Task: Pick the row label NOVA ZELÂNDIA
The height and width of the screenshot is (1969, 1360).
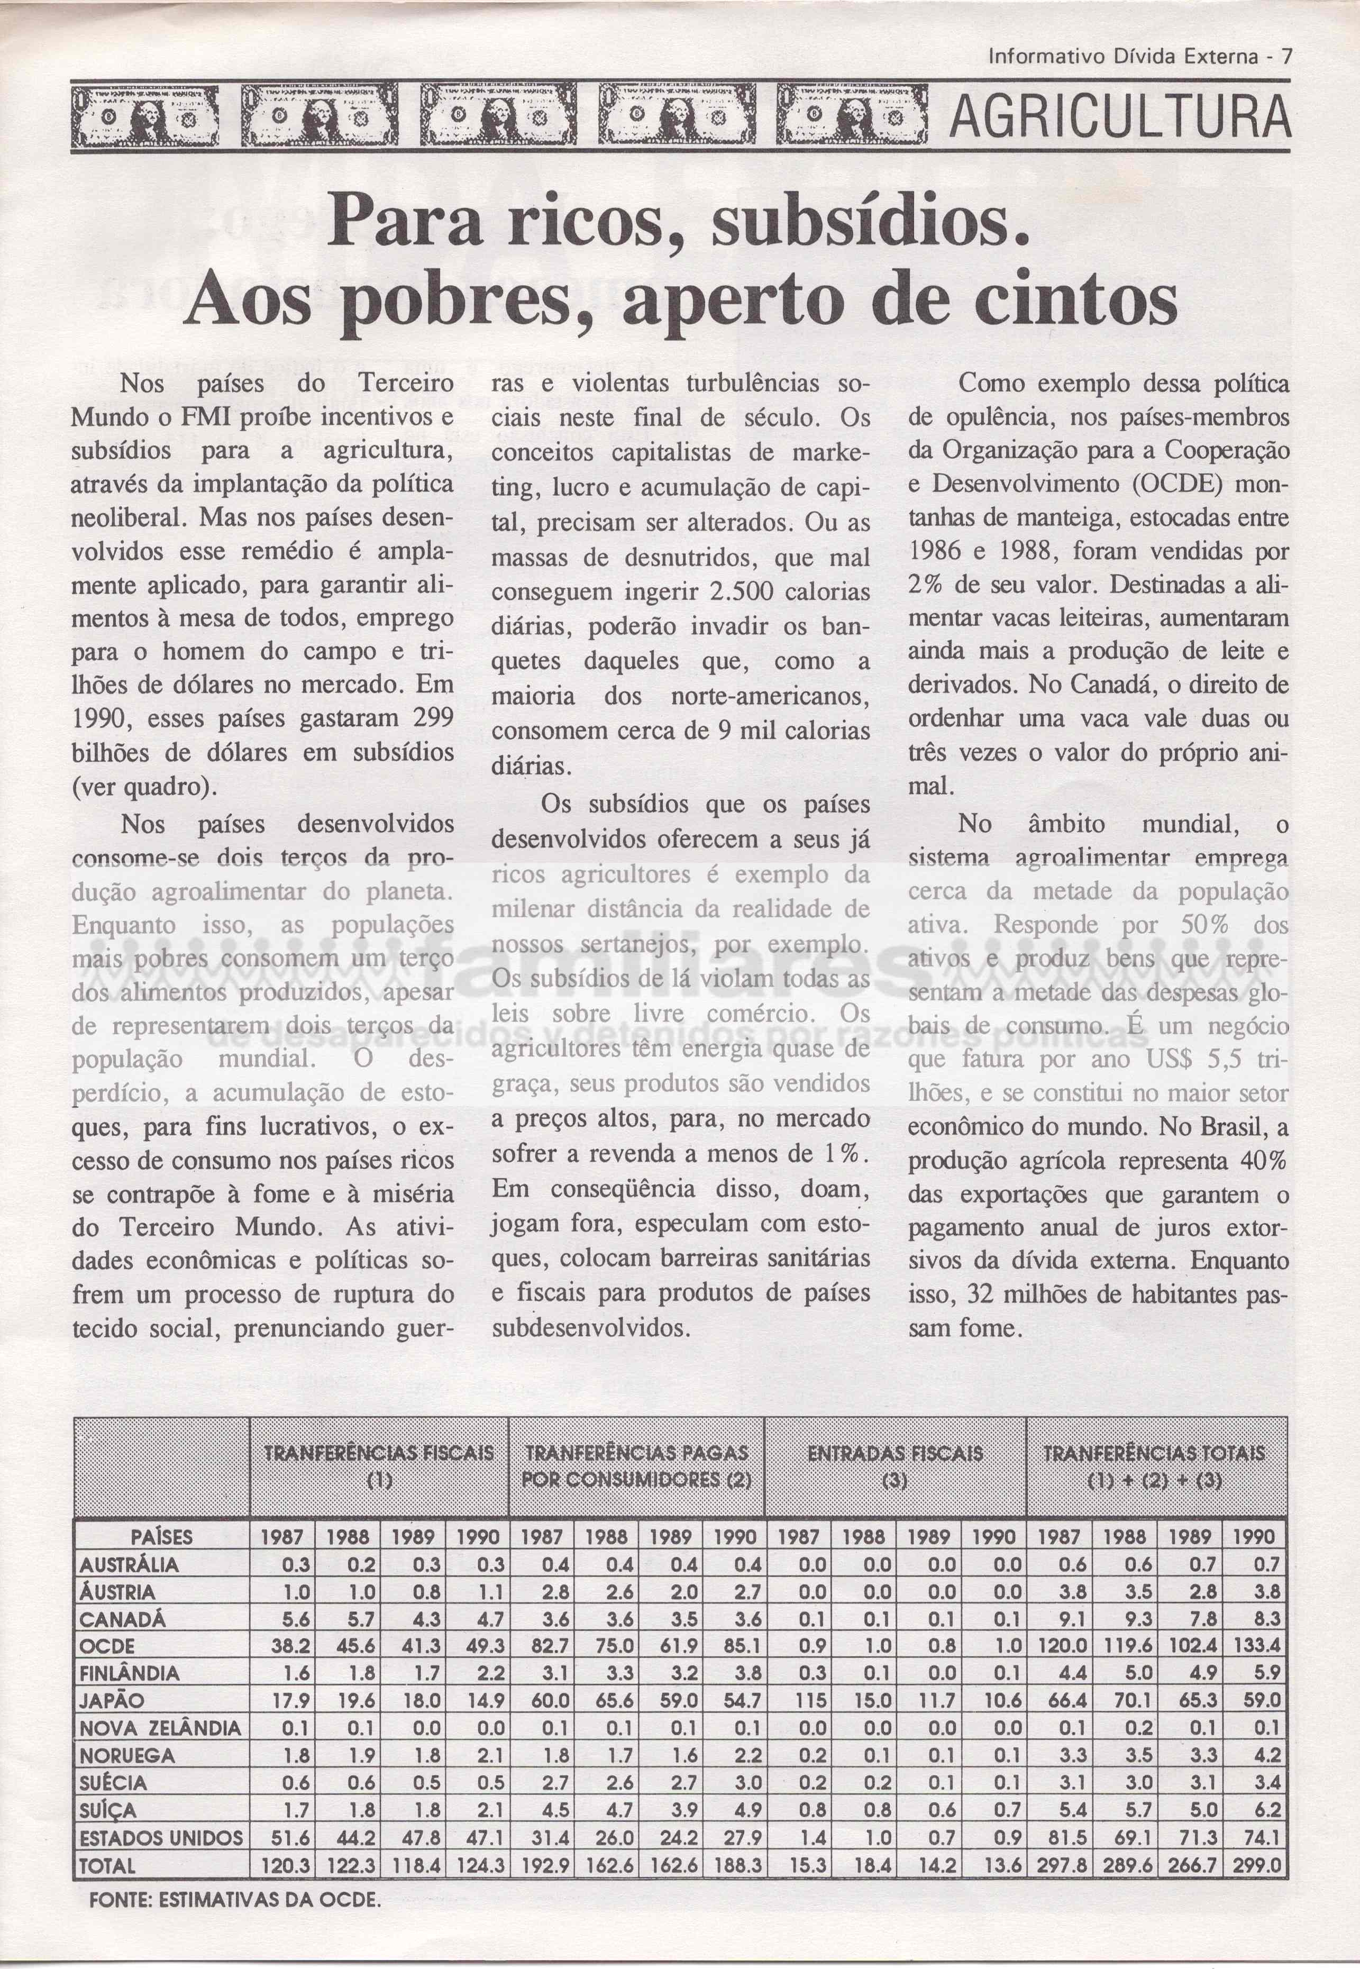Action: click(x=160, y=1728)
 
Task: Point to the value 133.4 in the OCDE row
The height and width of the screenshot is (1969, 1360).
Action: click(x=1255, y=1644)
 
